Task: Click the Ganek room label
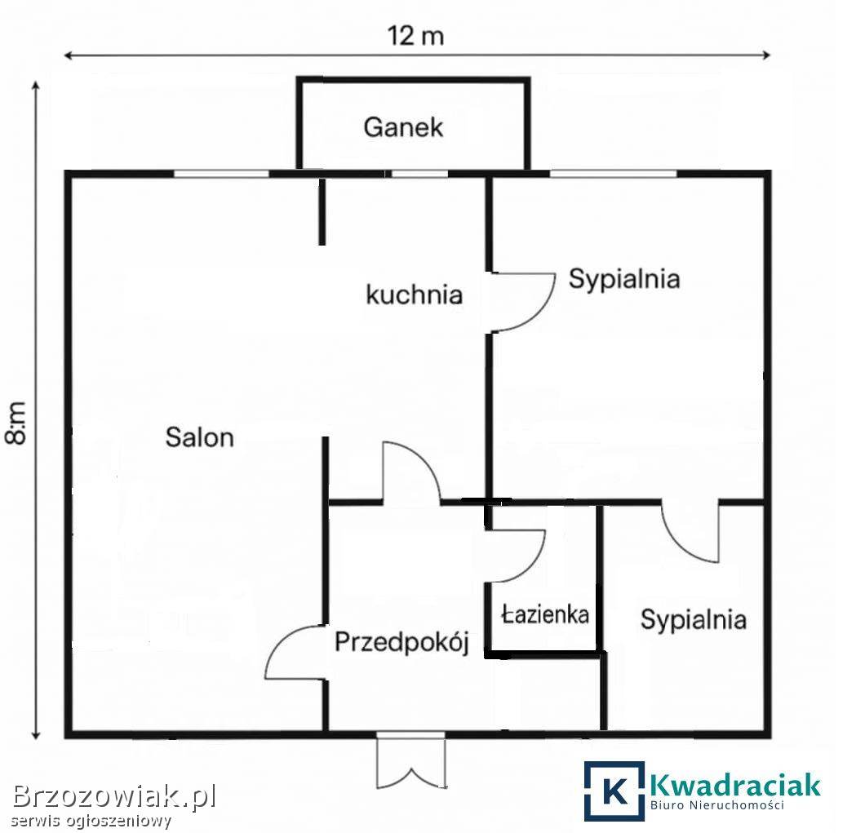(403, 127)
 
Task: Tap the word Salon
(200, 437)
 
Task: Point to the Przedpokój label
(402, 642)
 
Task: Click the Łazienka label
(545, 614)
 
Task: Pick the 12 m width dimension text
(415, 36)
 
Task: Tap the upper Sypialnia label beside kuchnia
(624, 278)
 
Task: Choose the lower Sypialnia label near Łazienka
(694, 619)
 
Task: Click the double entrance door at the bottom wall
(411, 761)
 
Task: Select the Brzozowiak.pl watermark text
(115, 796)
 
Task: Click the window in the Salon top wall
(221, 174)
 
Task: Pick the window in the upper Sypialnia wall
(613, 174)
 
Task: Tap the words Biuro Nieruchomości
(717, 805)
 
